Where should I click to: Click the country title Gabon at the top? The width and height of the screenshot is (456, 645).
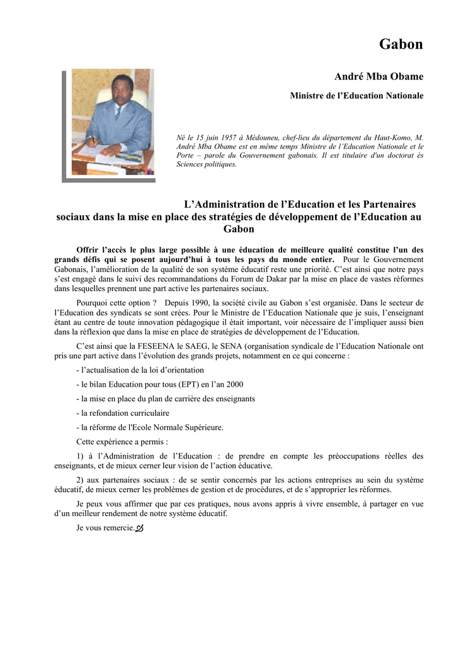(x=401, y=44)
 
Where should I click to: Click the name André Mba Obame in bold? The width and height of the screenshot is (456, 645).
(x=379, y=77)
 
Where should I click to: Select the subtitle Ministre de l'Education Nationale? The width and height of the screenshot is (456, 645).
(x=356, y=96)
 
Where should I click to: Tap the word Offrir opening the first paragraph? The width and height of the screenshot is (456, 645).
(x=88, y=250)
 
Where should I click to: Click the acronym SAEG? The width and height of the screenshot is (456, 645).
(x=185, y=346)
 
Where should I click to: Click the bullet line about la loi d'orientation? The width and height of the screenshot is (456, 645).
(x=140, y=370)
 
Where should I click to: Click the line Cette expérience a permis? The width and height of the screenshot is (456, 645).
(x=122, y=442)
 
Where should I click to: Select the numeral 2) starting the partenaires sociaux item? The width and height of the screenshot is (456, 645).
(x=81, y=480)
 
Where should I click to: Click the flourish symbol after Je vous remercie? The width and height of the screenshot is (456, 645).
(x=140, y=528)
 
